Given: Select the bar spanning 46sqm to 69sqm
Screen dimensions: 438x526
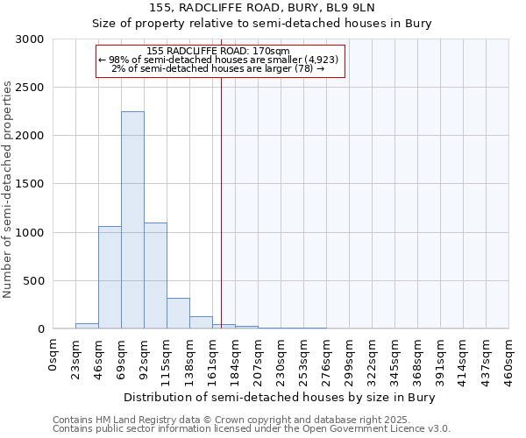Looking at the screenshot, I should pyautogui.click(x=110, y=278).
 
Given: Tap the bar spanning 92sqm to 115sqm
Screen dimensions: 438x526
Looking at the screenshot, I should pyautogui.click(x=155, y=276).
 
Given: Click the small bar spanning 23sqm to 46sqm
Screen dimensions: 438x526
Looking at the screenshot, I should pyautogui.click(x=87, y=326).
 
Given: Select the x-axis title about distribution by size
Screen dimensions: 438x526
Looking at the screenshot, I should pyautogui.click(x=280, y=397).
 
